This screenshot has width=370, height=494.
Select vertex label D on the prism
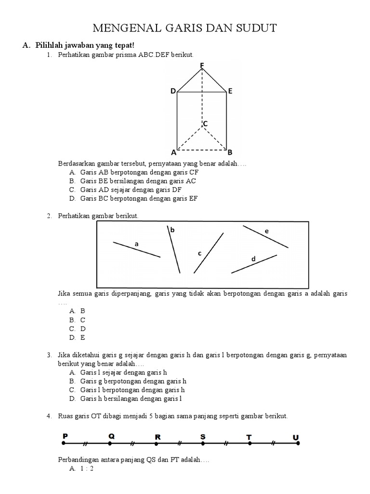click(172, 91)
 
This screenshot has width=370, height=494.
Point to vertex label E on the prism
click(230, 91)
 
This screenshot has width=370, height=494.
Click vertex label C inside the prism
click(205, 124)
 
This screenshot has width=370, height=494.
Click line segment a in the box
click(136, 249)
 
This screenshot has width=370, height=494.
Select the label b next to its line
click(172, 230)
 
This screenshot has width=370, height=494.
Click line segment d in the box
click(254, 264)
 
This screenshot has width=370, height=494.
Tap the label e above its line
click(266, 232)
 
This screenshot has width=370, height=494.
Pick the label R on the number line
click(158, 437)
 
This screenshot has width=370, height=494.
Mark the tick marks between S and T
click(226, 443)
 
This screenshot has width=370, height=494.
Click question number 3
click(49, 355)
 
